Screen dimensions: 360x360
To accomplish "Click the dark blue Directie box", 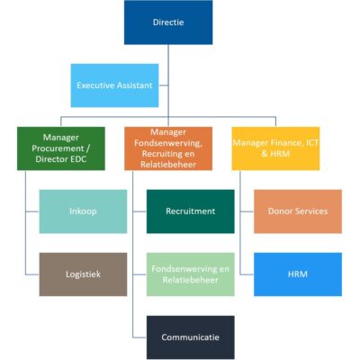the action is click(x=168, y=22).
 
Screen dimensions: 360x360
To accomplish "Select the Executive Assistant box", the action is click(x=114, y=85).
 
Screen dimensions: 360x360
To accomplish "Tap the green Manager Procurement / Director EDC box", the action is click(x=61, y=148).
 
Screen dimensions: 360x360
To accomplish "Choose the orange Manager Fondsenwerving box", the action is click(x=168, y=148).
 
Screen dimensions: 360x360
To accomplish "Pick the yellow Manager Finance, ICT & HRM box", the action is click(x=275, y=148).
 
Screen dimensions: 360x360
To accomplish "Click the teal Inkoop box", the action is click(x=83, y=211).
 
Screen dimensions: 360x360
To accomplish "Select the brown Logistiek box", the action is click(x=83, y=274).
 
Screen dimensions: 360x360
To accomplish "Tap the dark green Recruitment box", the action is click(x=191, y=211).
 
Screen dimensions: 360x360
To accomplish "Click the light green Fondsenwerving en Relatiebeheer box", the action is click(x=191, y=274).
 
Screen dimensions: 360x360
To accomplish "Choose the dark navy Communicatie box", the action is click(x=191, y=337).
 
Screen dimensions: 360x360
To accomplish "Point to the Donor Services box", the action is click(x=298, y=211).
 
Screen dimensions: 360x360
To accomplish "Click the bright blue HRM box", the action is click(x=298, y=274).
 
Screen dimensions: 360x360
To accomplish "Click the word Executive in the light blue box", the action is click(x=94, y=85).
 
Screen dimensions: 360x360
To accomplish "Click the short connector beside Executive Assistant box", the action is click(x=164, y=85).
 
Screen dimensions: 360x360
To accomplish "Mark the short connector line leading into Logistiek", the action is click(x=32, y=274).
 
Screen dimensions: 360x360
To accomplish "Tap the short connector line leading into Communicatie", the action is click(x=139, y=337).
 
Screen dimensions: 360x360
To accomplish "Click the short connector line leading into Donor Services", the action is click(x=247, y=211).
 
